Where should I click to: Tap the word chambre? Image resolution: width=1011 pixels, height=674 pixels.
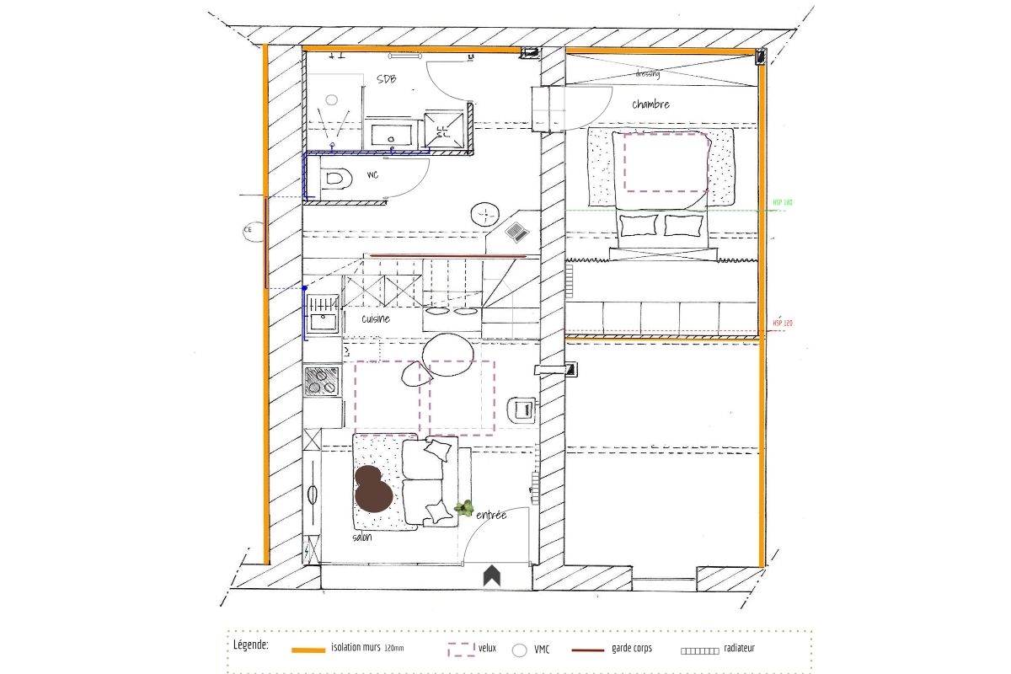pos(651,104)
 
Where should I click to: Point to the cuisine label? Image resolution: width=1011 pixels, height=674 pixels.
pos(376,319)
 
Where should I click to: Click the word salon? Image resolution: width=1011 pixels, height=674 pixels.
pos(362,537)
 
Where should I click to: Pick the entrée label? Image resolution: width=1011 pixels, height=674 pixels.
pos(491,515)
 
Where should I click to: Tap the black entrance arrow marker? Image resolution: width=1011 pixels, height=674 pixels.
pos(491,576)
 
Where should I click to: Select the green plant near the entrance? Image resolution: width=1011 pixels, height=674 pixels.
pos(463,507)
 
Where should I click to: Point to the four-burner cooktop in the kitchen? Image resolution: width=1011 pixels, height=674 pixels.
pos(322,380)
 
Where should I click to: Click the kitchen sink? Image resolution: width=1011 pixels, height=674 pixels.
pos(321,320)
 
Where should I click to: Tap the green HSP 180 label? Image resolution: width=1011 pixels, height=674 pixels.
pos(783,203)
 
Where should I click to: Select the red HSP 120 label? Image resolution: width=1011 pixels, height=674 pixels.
pos(783,324)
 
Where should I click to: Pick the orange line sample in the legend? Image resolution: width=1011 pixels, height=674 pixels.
pos(308,650)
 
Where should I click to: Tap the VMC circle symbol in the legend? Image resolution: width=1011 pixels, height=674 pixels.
pos(519,650)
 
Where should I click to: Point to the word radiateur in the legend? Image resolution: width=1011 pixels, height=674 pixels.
pos(744,649)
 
